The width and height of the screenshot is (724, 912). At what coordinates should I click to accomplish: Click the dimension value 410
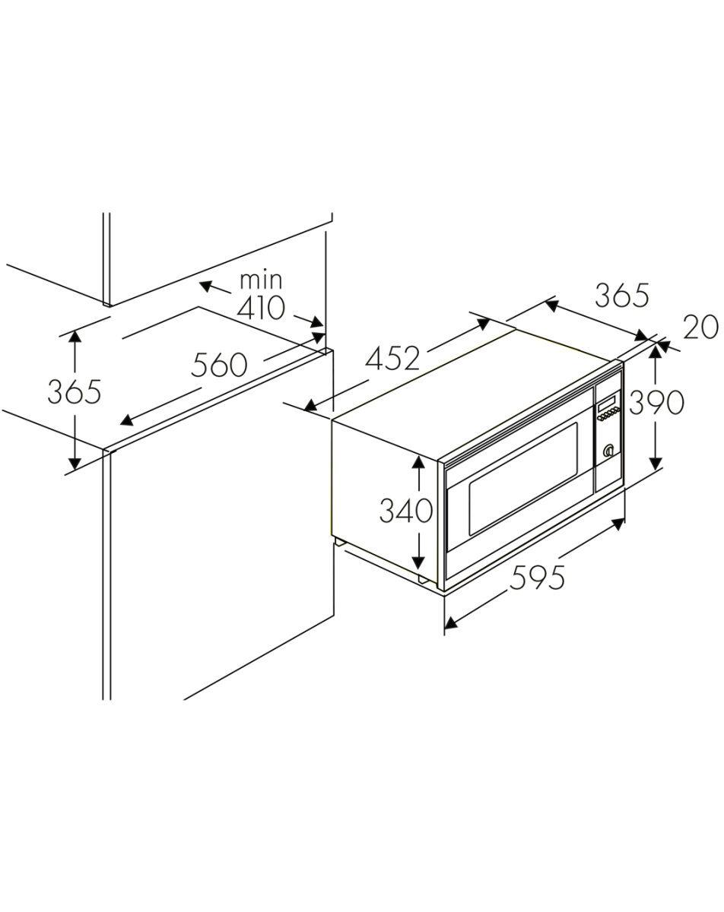click(260, 308)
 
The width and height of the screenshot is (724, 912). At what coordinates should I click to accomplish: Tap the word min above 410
click(260, 280)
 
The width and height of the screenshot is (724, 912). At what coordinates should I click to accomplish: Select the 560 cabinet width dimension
click(219, 365)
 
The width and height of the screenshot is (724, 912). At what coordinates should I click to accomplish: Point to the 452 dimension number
click(392, 358)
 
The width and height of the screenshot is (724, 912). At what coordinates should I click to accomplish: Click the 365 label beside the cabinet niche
click(75, 392)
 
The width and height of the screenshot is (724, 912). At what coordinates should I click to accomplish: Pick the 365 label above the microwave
click(622, 296)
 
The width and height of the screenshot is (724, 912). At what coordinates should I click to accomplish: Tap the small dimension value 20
click(700, 327)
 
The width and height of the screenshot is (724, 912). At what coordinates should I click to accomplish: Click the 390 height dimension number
click(656, 402)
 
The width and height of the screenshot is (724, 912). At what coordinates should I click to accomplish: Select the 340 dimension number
click(406, 510)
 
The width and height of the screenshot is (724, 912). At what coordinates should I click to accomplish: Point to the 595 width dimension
click(537, 577)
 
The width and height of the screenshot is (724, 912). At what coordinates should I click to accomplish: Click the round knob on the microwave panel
click(608, 451)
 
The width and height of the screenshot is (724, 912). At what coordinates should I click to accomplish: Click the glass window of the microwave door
click(523, 479)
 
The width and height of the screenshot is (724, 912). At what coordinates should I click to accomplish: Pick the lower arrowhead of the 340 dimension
click(418, 562)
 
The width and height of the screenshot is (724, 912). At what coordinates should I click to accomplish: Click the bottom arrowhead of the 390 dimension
click(656, 463)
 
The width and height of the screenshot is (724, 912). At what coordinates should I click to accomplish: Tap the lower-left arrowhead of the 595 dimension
click(451, 623)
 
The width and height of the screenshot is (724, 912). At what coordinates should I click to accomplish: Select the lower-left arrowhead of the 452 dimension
click(311, 406)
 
